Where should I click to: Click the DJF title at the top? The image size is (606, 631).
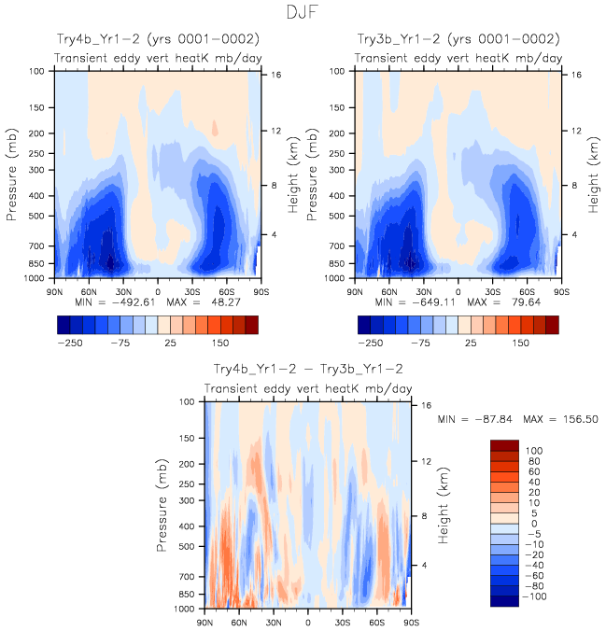(303, 13)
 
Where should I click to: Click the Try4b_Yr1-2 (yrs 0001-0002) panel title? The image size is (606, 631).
(155, 39)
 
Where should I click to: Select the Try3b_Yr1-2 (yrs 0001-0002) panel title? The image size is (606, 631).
(458, 39)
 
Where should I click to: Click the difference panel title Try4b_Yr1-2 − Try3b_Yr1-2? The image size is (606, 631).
(308, 370)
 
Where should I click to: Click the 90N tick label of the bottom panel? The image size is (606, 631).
(205, 623)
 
